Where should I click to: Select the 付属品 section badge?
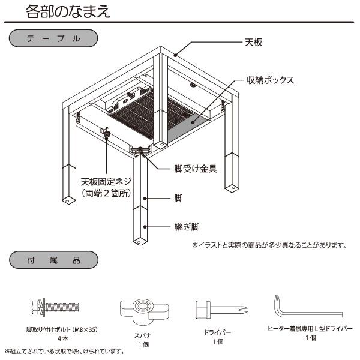click(x=53, y=262)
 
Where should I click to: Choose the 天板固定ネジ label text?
click(x=106, y=181)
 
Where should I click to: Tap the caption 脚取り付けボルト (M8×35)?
click(x=62, y=329)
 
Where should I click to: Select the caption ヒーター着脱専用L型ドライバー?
click(x=310, y=329)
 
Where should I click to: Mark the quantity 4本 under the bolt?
click(x=62, y=338)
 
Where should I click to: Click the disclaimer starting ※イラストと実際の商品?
click(x=269, y=245)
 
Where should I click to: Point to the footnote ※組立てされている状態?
click(x=64, y=350)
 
